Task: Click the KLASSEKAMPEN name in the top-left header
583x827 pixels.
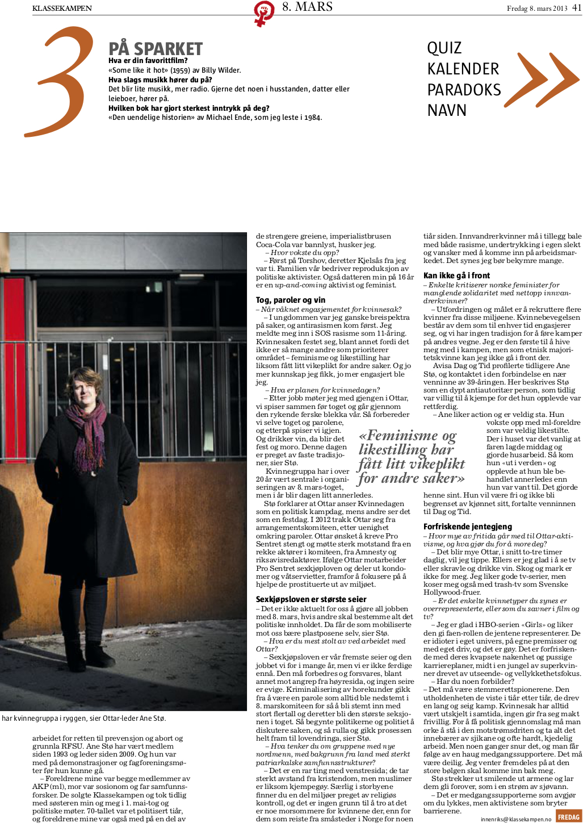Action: pyautogui.click(x=62, y=8)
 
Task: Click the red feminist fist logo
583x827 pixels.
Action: pyautogui.click(x=263, y=13)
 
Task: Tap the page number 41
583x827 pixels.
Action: pyautogui.click(x=577, y=8)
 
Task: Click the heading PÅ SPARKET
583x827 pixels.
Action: pyautogui.click(x=156, y=49)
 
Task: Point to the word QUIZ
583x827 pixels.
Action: pyautogui.click(x=444, y=48)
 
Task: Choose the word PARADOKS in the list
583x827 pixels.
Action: pyautogui.click(x=464, y=90)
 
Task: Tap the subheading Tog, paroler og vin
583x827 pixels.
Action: pyautogui.click(x=291, y=300)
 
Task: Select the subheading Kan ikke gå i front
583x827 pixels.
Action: pyautogui.click(x=456, y=275)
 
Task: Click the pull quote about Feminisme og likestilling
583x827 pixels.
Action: pyautogui.click(x=412, y=457)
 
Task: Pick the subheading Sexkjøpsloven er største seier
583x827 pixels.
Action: pyautogui.click(x=311, y=599)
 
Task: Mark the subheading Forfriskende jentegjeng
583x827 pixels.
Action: pyautogui.click(x=467, y=527)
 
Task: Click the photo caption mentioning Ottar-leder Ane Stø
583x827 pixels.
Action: pyautogui.click(x=83, y=719)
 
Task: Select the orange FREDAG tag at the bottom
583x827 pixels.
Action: pyautogui.click(x=568, y=817)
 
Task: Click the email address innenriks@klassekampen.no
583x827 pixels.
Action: pyautogui.click(x=515, y=820)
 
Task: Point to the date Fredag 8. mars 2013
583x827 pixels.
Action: pyautogui.click(x=536, y=9)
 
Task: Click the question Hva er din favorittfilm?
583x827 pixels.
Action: pyautogui.click(x=148, y=61)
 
